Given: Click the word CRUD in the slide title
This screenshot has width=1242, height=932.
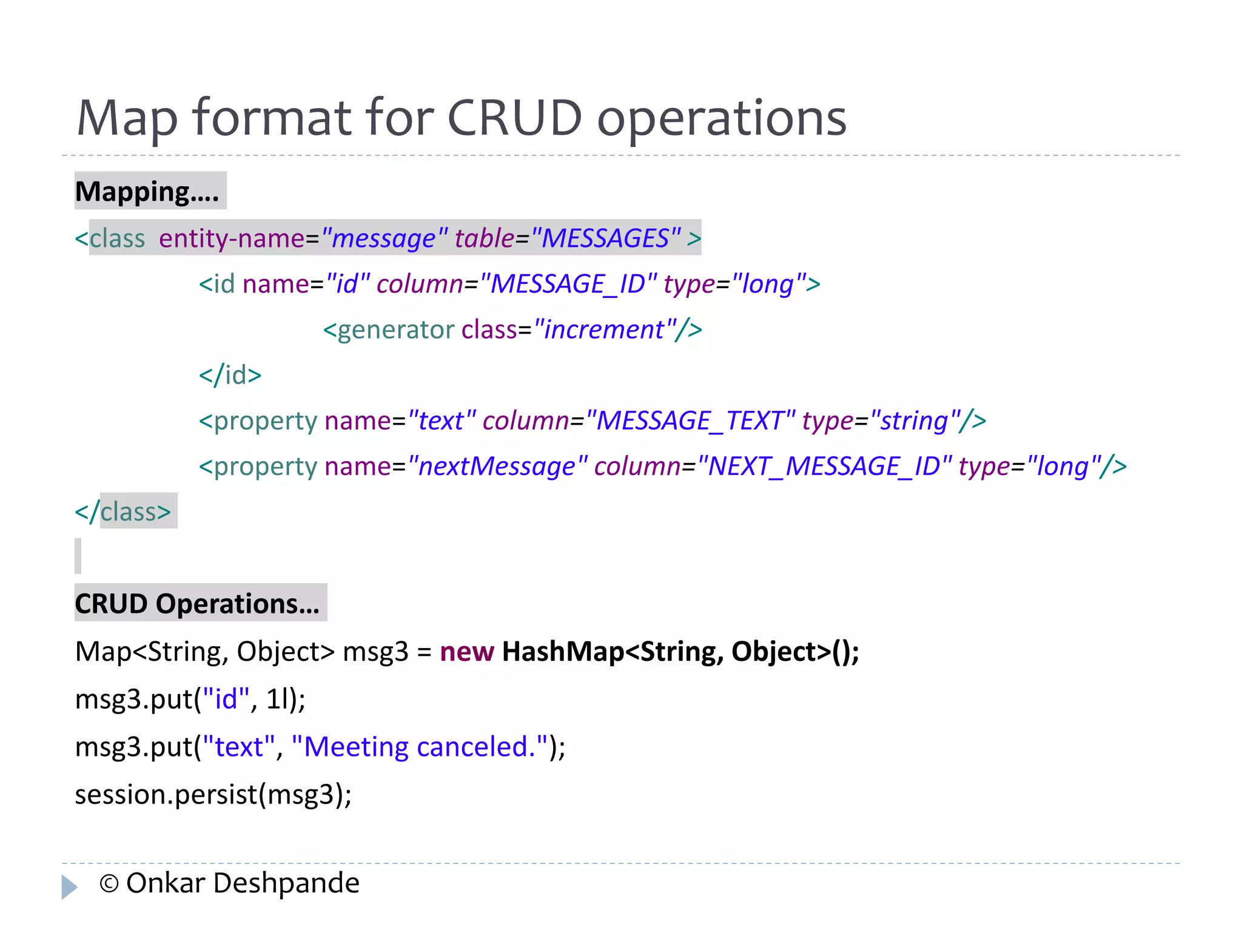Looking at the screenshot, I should click(x=514, y=118).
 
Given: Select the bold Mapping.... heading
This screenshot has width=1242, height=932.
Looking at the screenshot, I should click(x=147, y=192).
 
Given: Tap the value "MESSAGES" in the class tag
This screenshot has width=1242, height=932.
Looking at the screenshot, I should click(x=605, y=238).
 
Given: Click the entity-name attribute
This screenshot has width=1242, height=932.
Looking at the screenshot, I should click(x=231, y=238).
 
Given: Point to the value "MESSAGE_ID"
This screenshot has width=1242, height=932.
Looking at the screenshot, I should click(x=568, y=284).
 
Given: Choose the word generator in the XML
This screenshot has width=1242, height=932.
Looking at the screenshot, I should click(x=395, y=330).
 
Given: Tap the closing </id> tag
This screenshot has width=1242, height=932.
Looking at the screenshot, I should click(x=230, y=375).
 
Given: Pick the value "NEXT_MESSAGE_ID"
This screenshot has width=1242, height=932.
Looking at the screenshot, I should click(x=824, y=467).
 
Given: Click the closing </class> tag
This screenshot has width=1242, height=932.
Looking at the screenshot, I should click(x=124, y=512).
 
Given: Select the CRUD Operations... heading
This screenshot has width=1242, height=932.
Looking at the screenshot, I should click(x=197, y=604).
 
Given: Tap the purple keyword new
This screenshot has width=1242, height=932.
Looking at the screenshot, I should click(x=466, y=652).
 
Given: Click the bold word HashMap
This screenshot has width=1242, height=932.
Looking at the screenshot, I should click(x=563, y=652).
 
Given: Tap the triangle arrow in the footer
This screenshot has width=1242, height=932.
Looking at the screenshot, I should click(x=70, y=886).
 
